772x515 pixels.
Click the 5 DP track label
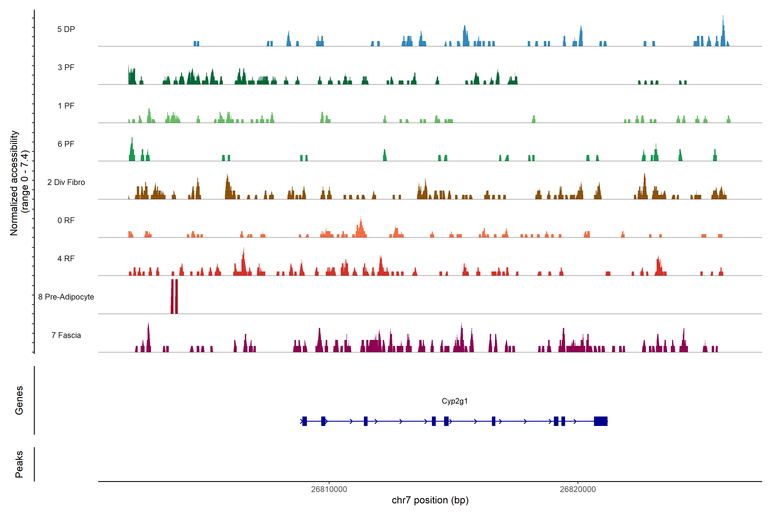coord(66,29)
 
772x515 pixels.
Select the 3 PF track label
coord(66,67)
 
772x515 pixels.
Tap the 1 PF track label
coord(66,106)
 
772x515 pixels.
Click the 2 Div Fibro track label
coord(66,182)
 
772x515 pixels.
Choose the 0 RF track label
coord(66,220)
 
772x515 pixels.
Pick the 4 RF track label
coord(66,259)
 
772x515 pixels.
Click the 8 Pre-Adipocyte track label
coord(66,297)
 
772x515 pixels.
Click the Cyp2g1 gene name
coord(455,401)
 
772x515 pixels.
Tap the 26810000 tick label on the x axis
coord(329,489)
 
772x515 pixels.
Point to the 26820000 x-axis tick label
coord(578,489)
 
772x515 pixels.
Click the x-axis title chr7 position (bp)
coord(430,500)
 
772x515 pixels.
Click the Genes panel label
coord(19,400)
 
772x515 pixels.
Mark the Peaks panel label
coord(19,464)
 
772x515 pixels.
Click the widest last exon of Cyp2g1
coord(601,421)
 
